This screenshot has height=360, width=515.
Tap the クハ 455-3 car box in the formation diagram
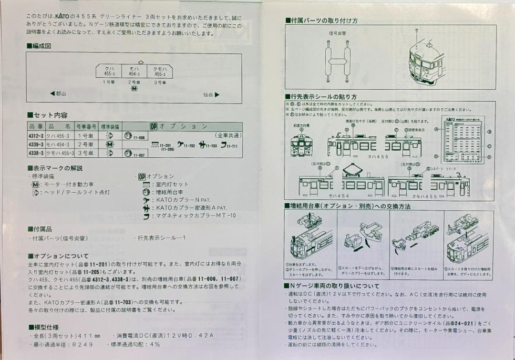(109, 71)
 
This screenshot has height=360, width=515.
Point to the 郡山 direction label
(59, 93)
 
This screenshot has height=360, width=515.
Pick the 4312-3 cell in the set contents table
(36, 135)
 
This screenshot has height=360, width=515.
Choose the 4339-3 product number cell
(36, 144)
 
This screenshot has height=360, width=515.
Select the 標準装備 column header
(111, 127)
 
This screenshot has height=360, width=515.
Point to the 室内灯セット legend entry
(172, 184)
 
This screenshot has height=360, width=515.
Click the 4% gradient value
(155, 344)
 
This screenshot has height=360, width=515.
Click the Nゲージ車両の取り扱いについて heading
(334, 286)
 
